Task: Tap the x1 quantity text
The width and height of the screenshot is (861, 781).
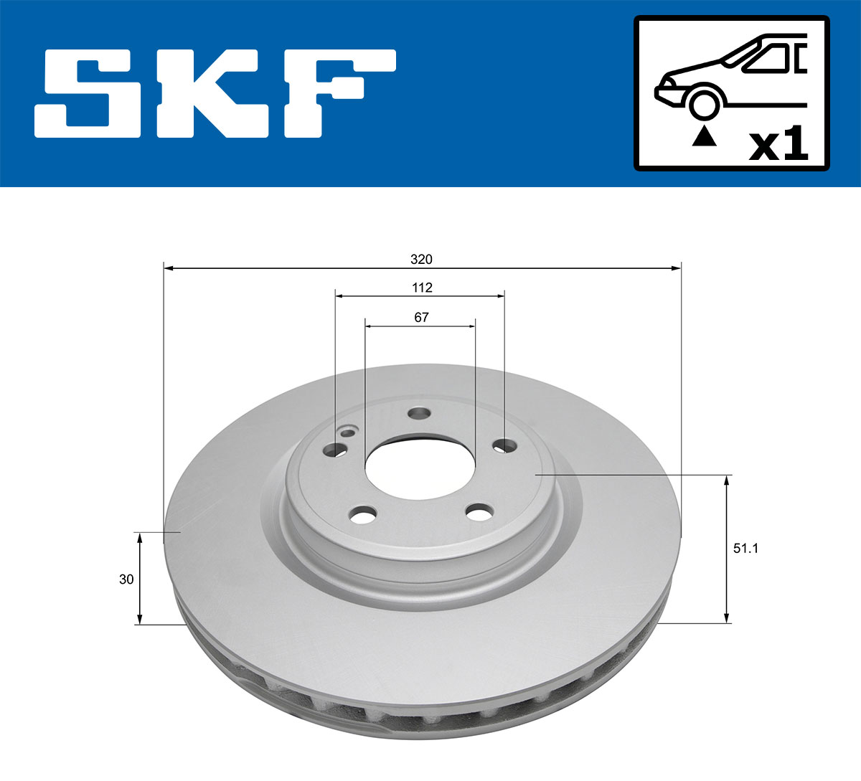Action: pos(778,146)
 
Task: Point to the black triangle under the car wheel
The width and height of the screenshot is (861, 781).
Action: pos(704,136)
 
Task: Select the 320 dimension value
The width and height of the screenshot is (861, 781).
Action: pos(422,259)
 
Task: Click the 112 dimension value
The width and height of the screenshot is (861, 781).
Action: pos(422,288)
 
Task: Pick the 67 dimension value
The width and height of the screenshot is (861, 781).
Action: pos(421,317)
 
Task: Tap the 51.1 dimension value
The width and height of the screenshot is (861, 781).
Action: pos(745,549)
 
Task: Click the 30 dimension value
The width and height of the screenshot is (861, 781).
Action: pos(126,579)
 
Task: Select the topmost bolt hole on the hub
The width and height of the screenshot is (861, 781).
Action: pos(418,414)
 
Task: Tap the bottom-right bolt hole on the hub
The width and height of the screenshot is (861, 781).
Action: pos(479,512)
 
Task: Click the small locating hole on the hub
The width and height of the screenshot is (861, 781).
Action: pos(349,432)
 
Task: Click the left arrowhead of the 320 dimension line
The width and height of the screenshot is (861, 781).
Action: pos(169,268)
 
